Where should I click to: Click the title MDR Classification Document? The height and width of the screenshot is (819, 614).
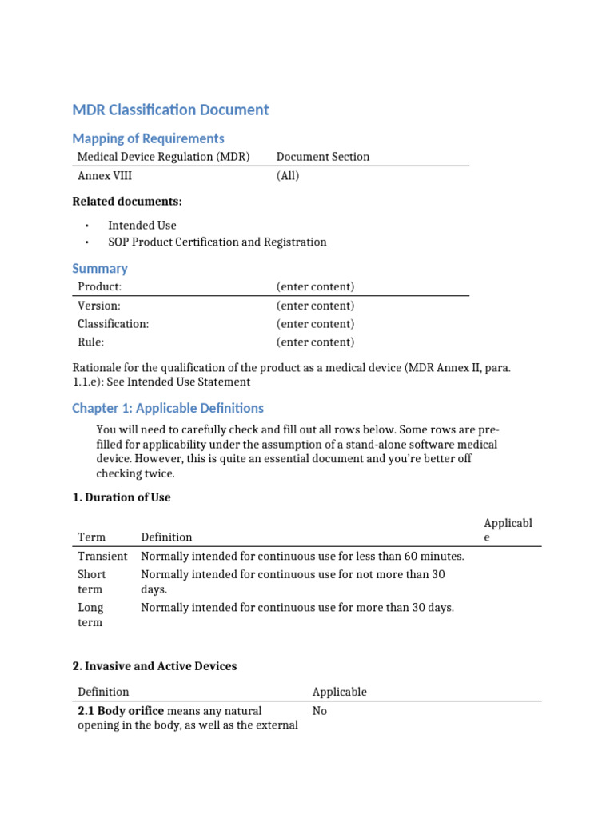170,110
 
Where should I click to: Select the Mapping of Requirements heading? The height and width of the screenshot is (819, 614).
148,138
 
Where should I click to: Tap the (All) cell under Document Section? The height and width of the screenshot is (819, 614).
288,175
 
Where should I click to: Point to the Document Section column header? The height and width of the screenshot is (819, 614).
323,157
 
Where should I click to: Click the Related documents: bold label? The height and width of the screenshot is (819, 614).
127,201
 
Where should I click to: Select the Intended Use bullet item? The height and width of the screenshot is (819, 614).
142,226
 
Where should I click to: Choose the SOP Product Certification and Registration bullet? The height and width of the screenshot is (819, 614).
217,242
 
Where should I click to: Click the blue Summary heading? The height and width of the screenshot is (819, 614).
100,269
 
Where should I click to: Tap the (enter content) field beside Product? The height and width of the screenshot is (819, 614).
315,286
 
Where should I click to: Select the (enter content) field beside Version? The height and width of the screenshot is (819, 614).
315,306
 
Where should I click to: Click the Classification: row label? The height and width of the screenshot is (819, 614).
113,324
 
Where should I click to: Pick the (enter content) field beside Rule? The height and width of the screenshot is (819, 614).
315,342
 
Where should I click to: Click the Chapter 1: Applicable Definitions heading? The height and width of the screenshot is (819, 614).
168,408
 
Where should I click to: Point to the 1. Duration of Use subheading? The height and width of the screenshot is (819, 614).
122,497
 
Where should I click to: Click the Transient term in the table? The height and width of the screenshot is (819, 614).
102,556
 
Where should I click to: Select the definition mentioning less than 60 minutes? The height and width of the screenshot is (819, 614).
302,556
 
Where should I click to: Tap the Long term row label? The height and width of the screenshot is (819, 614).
90,615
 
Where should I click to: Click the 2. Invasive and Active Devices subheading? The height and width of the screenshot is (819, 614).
154,666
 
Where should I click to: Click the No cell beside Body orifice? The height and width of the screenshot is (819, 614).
320,711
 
